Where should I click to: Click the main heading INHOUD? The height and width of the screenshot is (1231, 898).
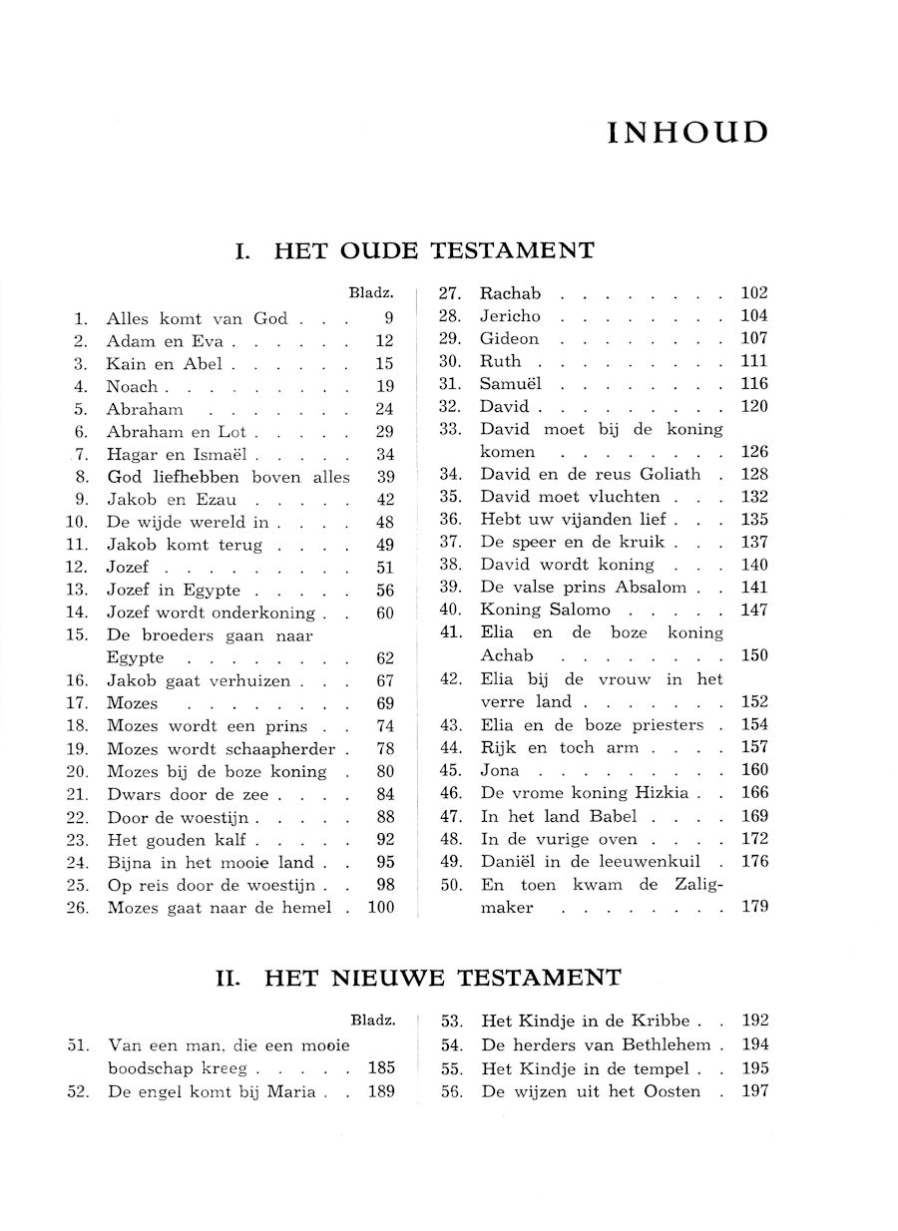coord(687,134)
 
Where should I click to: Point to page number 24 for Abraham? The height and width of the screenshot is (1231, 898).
coord(385,409)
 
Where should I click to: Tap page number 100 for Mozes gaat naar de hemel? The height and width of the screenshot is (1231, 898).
coord(380,908)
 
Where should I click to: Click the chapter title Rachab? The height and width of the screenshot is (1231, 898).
coord(510,293)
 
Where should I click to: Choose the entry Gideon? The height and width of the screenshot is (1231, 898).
coord(509,339)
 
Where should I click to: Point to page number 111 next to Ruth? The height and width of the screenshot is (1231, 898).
coord(754,361)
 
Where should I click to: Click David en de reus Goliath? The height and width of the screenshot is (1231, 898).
coord(590,474)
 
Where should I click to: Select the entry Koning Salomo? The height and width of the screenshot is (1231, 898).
coord(544,611)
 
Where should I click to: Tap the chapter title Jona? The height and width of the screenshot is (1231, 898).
coord(500,771)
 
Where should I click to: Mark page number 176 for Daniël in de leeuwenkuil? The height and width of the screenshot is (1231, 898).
coord(754,862)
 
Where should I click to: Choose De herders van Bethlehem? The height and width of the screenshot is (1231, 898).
coord(596,1044)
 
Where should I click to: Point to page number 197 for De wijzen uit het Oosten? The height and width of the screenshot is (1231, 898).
coord(756,1091)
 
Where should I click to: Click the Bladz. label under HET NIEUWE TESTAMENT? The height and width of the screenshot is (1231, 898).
coord(372,1021)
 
